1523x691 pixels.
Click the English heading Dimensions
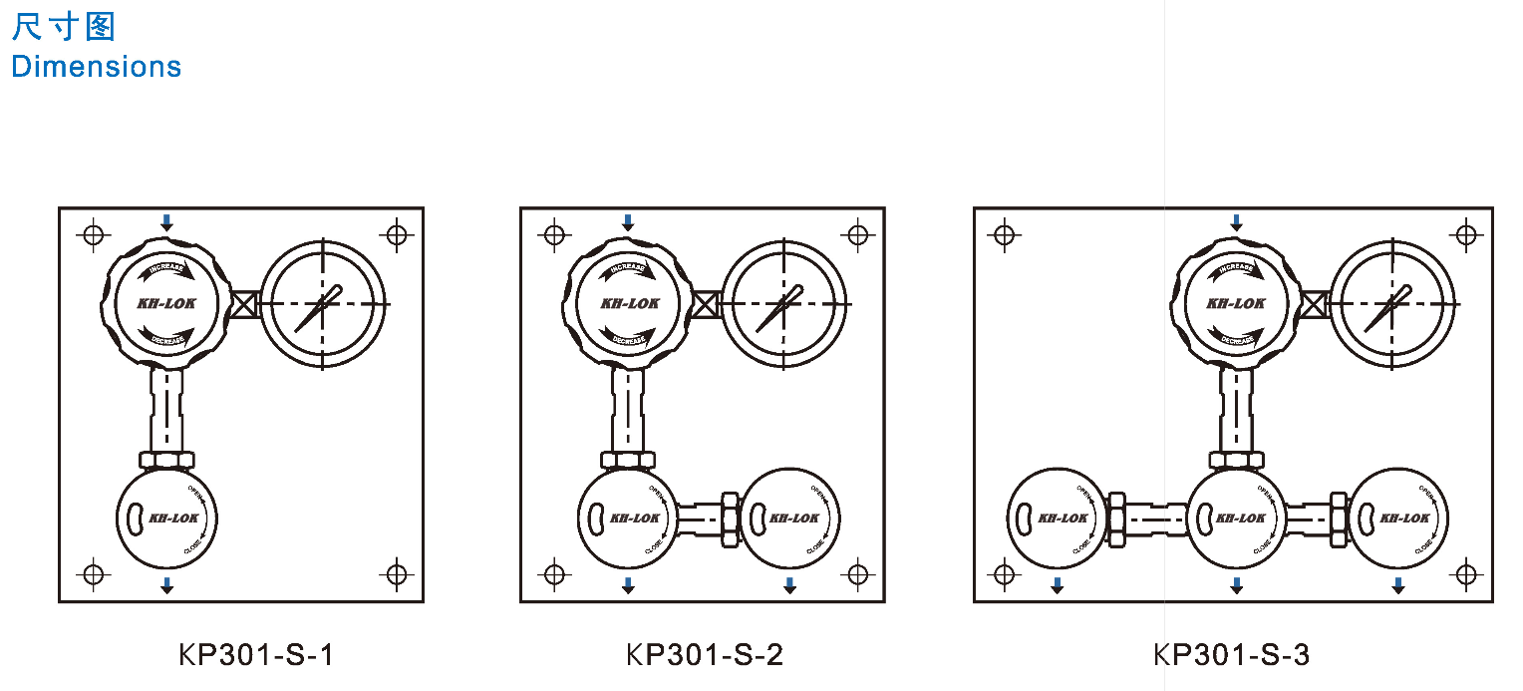click(x=96, y=67)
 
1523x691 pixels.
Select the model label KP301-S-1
click(x=256, y=655)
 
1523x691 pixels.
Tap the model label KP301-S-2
click(x=705, y=655)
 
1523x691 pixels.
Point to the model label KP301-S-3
click(x=1232, y=655)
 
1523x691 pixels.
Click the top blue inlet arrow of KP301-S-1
click(x=166, y=222)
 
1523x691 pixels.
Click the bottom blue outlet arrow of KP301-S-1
click(x=166, y=585)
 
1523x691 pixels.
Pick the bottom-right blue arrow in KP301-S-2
click(x=789, y=585)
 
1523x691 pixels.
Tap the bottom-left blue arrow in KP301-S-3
click(x=1058, y=585)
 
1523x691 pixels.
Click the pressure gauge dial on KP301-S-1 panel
click(x=323, y=303)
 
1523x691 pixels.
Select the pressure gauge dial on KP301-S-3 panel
click(x=1392, y=303)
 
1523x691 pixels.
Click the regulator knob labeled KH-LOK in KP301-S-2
click(x=627, y=303)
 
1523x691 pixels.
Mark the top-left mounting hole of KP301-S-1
click(x=93, y=235)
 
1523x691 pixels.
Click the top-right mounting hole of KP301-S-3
click(x=1465, y=235)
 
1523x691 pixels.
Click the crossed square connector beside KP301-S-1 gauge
click(x=245, y=304)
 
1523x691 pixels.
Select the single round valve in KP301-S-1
click(x=166, y=518)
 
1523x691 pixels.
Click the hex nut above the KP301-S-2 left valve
click(x=628, y=460)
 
